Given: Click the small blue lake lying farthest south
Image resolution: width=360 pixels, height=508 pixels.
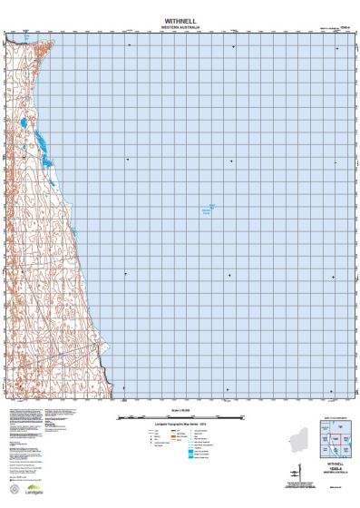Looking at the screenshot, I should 52,182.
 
